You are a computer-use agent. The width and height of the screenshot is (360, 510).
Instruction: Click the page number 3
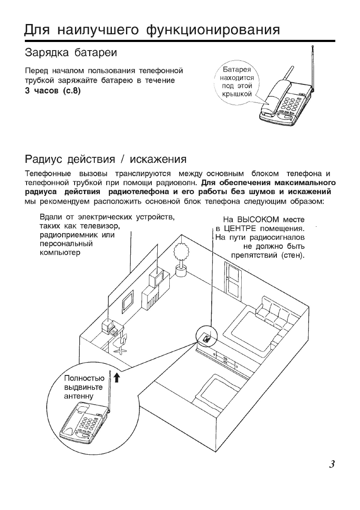[330, 464]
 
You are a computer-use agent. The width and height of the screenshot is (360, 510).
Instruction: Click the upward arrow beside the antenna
[118, 377]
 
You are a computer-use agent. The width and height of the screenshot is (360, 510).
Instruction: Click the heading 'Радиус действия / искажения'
[105, 159]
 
